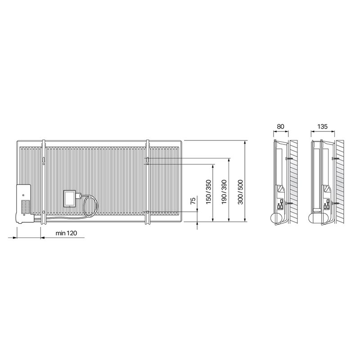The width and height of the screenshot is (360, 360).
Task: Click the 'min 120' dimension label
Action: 66,233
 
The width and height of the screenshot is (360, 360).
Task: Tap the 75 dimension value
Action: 193,200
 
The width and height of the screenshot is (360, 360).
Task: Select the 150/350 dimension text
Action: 208,192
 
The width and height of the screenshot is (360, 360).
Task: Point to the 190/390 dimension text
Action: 224,192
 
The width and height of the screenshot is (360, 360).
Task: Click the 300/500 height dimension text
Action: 240,192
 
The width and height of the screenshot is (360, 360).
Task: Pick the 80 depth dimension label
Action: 280,126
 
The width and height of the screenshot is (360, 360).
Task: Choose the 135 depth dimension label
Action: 322,126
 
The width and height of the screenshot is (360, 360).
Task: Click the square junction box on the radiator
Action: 70,198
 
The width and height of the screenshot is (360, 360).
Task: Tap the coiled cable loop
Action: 90,206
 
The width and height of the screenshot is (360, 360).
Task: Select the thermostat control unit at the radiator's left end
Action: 23,204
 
